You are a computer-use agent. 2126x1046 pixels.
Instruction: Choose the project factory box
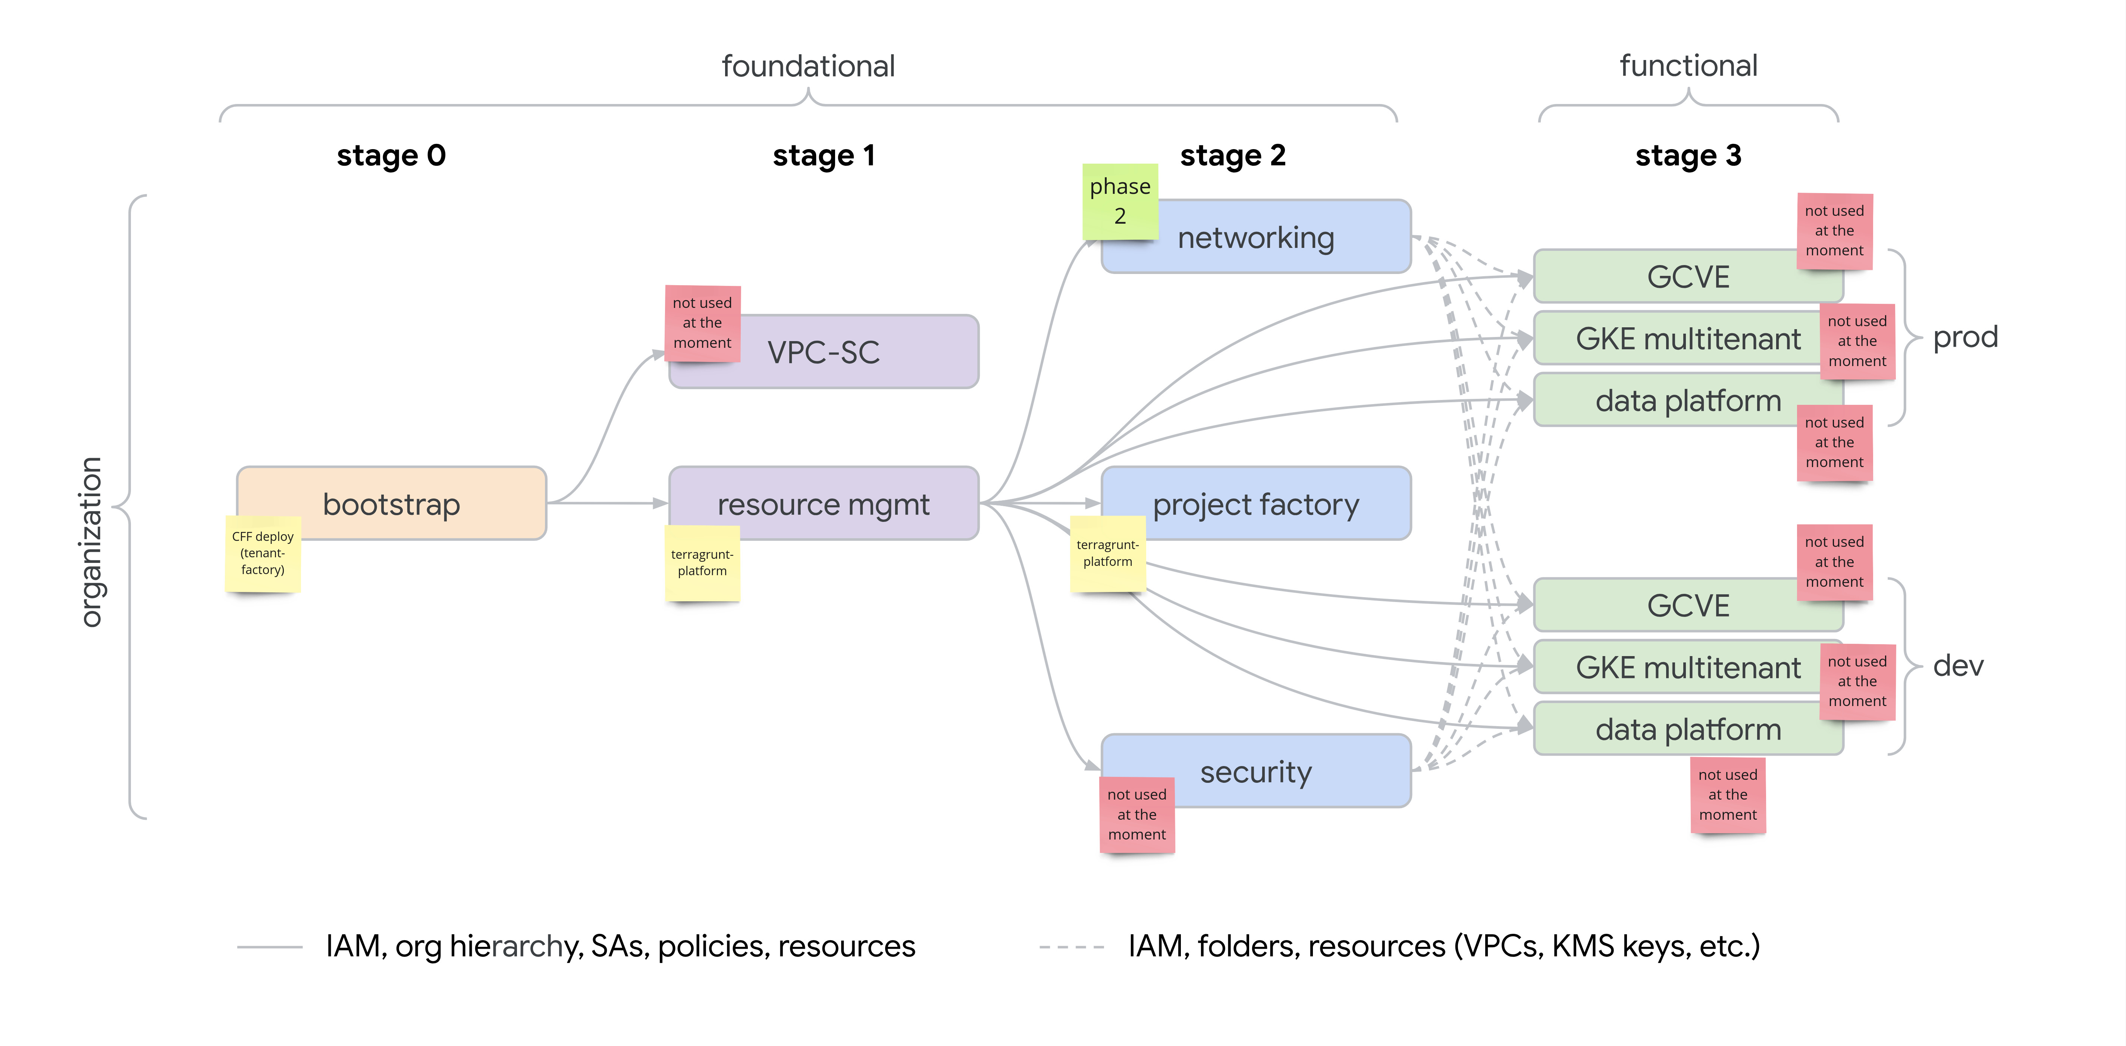[x=1255, y=503]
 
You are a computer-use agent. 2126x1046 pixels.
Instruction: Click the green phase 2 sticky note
[x=1120, y=201]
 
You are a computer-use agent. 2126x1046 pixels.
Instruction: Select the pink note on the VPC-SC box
[x=702, y=322]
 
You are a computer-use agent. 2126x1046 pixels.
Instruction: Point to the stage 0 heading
[x=391, y=155]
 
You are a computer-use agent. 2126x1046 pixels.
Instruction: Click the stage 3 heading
[x=1688, y=155]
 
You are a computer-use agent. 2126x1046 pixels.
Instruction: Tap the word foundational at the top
[x=808, y=66]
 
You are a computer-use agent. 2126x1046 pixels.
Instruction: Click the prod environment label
[x=1965, y=337]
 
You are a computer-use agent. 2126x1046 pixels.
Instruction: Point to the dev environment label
[x=1958, y=665]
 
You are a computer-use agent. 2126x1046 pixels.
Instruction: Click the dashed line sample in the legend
[x=1071, y=947]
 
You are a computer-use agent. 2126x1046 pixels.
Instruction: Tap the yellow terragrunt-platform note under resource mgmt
[x=702, y=563]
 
